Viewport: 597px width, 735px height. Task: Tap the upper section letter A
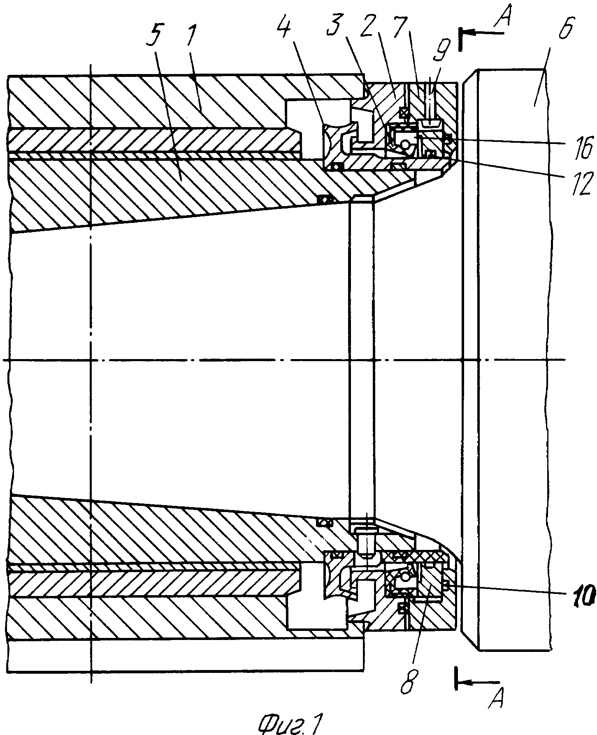pyautogui.click(x=504, y=16)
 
